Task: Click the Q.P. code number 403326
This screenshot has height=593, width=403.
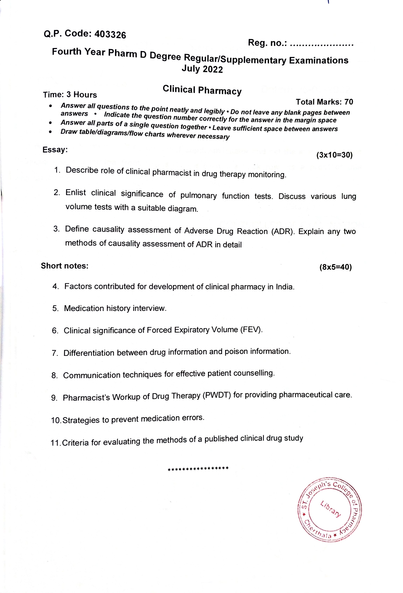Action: (x=110, y=35)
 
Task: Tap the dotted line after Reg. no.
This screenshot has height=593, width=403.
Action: (x=322, y=45)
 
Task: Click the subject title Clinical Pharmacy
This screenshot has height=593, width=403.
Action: (x=202, y=90)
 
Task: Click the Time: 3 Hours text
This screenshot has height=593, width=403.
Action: (x=70, y=95)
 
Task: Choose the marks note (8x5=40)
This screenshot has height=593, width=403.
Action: (x=335, y=267)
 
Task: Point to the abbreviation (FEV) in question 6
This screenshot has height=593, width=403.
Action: (x=251, y=329)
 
